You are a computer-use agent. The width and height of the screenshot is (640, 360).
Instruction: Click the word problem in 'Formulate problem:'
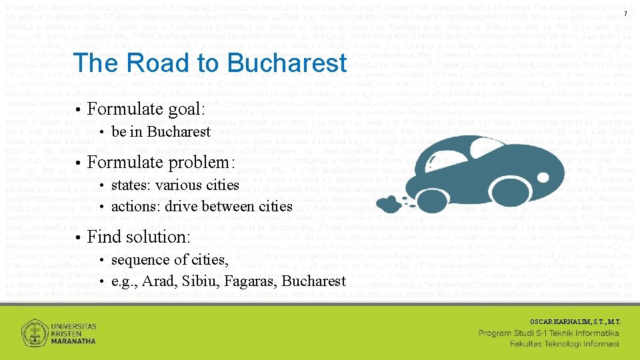click(206, 162)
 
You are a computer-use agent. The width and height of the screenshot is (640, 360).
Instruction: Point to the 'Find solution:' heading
click(139, 237)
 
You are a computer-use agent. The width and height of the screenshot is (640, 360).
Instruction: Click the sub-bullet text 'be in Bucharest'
click(161, 131)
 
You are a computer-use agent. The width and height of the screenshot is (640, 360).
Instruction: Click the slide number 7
click(625, 15)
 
